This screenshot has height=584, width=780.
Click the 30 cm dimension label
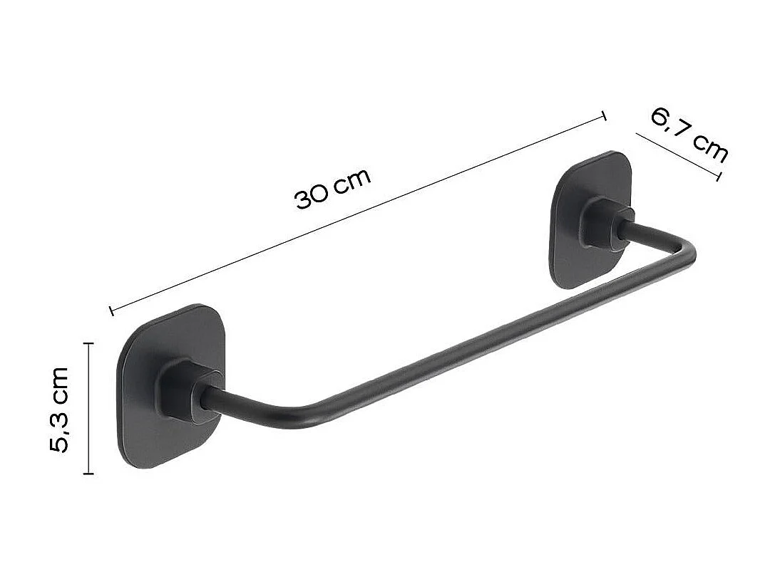(333, 188)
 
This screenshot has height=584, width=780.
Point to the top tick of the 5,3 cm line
(88, 343)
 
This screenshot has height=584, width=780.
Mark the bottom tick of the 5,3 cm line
(88, 473)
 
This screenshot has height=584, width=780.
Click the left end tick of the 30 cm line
(112, 310)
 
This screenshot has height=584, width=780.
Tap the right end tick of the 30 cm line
(605, 116)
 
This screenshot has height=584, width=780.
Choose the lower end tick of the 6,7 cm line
(717, 175)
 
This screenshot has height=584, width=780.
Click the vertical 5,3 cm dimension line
(88, 408)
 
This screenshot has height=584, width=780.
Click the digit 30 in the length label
(312, 196)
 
